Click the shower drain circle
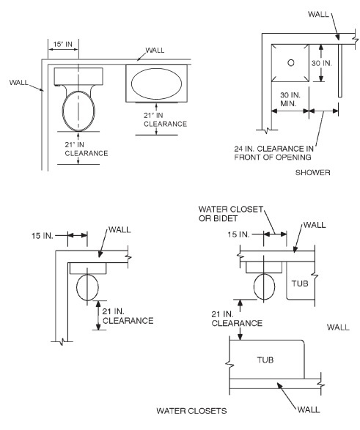(x=291, y=63)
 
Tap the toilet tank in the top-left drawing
(x=78, y=75)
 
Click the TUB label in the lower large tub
(x=267, y=360)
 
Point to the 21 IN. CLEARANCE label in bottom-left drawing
(x=127, y=316)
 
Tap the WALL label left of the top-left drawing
(x=20, y=82)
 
